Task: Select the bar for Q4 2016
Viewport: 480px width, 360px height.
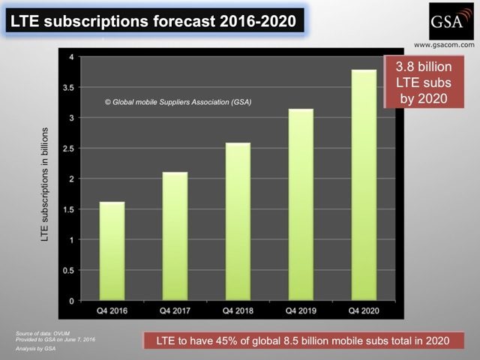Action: point(112,251)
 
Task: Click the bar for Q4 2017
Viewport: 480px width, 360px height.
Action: point(175,236)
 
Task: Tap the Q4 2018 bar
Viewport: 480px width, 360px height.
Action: point(238,221)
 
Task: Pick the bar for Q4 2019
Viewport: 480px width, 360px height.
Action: point(301,205)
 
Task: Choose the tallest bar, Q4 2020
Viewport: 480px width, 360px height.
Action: point(364,185)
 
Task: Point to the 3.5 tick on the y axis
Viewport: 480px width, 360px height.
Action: point(68,88)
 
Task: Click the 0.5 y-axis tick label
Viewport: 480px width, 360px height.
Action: point(68,271)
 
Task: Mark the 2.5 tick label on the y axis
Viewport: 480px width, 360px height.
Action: point(68,148)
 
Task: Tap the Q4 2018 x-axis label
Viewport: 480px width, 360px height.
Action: point(238,311)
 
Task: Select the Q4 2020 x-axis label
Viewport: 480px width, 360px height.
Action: point(364,311)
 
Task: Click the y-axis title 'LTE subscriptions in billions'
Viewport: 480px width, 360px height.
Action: point(45,184)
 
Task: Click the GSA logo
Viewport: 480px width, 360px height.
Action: point(451,21)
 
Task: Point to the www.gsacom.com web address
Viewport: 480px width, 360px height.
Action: point(444,45)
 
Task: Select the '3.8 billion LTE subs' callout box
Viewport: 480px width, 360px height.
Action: point(424,82)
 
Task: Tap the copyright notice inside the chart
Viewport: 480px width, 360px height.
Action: point(178,102)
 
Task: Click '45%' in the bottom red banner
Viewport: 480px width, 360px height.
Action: point(226,340)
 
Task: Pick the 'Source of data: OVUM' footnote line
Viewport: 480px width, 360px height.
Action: point(43,333)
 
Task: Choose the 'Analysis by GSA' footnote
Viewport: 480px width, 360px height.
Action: point(36,349)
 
